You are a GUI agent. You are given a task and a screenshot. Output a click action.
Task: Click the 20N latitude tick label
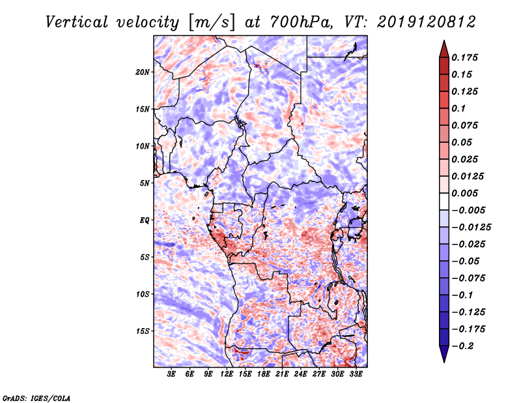tap(143, 72)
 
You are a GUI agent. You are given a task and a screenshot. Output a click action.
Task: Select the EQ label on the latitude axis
tap(145, 220)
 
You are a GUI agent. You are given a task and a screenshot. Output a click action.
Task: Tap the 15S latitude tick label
tap(143, 331)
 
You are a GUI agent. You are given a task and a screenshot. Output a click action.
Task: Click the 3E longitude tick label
tap(172, 375)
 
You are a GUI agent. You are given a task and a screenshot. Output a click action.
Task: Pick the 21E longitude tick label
tap(283, 375)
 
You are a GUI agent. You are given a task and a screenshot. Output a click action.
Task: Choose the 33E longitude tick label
tap(356, 375)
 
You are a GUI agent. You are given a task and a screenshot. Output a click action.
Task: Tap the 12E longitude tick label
tap(227, 375)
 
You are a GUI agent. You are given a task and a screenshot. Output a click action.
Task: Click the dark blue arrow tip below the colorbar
tap(444, 356)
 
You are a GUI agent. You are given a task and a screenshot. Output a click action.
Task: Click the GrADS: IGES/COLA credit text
tap(36, 397)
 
